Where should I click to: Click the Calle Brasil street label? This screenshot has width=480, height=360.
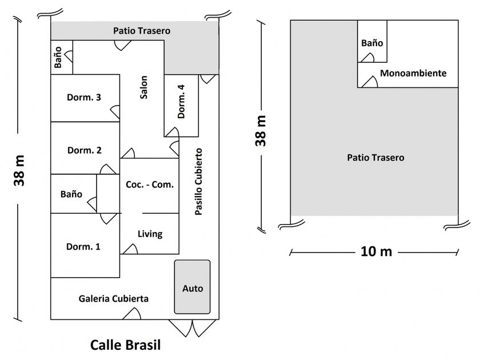pyautogui.click(x=126, y=345)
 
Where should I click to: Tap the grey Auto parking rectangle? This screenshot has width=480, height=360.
pyautogui.click(x=192, y=287)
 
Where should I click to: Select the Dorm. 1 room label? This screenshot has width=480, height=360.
pyautogui.click(x=83, y=247)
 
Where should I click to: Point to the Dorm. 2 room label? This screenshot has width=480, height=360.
pyautogui.click(x=85, y=150)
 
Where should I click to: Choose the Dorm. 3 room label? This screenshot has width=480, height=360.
pyautogui.click(x=84, y=97)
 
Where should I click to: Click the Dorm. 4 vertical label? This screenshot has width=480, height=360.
pyautogui.click(x=181, y=101)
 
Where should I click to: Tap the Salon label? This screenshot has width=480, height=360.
pyautogui.click(x=143, y=87)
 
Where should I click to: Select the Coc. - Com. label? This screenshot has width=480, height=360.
pyautogui.click(x=149, y=185)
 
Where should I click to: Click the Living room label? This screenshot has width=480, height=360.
pyautogui.click(x=150, y=234)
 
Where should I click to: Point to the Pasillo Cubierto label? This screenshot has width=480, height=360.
pyautogui.click(x=198, y=182)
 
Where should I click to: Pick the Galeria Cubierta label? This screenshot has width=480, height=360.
pyautogui.click(x=114, y=298)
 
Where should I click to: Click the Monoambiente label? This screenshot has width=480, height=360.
pyautogui.click(x=413, y=74)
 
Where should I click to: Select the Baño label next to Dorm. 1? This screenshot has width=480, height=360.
pyautogui.click(x=71, y=194)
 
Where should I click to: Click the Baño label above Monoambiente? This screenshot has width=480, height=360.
pyautogui.click(x=372, y=43)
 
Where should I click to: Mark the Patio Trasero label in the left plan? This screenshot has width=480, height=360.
pyautogui.click(x=141, y=30)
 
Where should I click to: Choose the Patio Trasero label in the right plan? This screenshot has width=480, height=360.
pyautogui.click(x=375, y=157)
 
